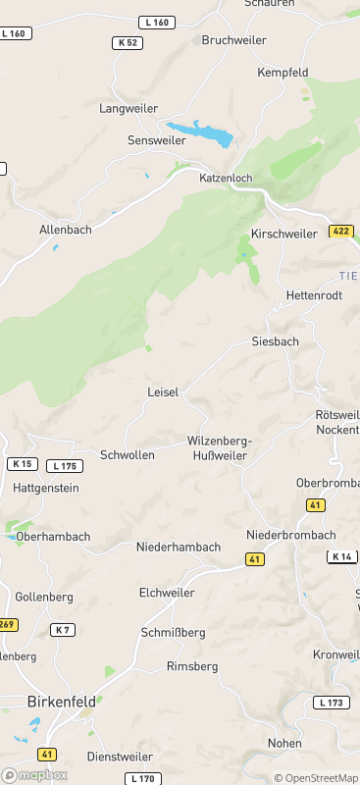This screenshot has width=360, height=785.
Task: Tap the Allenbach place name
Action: pos(66,229)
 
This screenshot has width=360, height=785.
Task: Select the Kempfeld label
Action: pos(283,73)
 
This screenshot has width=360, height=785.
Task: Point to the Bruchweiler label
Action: pos(233,40)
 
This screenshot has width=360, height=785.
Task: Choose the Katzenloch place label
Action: pos(227,178)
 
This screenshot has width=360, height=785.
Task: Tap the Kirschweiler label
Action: pos(283,234)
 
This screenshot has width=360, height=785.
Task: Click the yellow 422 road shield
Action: pos(340,232)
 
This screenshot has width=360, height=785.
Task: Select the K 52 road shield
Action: pos(127,43)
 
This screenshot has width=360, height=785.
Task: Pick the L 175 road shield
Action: pos(64,466)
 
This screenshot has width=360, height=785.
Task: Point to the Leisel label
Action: pos(163,392)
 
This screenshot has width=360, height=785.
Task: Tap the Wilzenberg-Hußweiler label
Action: pos(220,447)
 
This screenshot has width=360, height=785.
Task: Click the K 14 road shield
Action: pos(341,556)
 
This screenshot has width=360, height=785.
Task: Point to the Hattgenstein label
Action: pos(46,488)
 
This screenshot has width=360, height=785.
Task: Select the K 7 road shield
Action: pos(63,629)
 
